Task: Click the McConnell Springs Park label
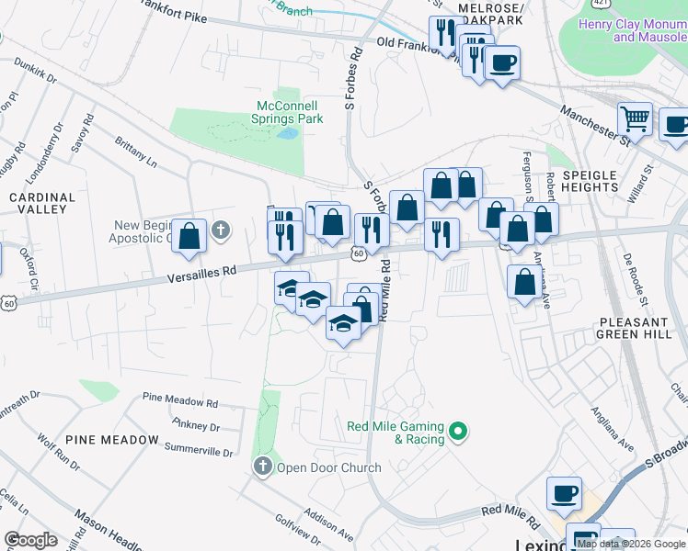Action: [x=288, y=112]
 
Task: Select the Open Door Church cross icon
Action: [x=263, y=467]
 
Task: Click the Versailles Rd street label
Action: [x=203, y=274]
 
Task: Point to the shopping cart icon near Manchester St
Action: [x=635, y=118]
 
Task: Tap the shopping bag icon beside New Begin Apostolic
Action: [x=189, y=236]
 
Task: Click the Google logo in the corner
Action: [x=30, y=540]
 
